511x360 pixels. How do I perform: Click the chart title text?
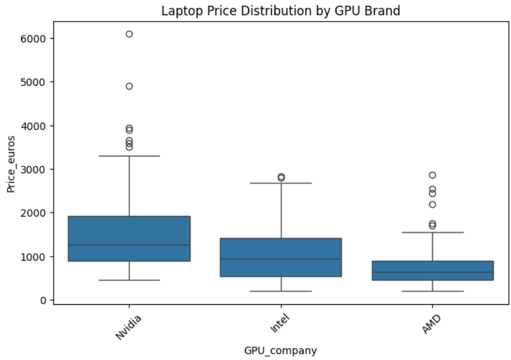click(281, 10)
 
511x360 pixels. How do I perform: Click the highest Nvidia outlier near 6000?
click(129, 34)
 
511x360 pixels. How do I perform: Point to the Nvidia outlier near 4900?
click(129, 86)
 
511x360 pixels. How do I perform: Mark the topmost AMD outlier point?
click(433, 175)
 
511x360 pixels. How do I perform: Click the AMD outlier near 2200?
click(433, 204)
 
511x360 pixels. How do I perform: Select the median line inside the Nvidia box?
click(129, 245)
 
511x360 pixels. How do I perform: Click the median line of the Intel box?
click(281, 259)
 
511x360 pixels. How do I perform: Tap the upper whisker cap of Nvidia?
click(129, 156)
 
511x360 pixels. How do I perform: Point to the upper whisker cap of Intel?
click(281, 183)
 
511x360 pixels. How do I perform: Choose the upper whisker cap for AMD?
click(433, 233)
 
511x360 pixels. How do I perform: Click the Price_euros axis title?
click(11, 163)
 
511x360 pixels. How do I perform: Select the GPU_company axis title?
click(281, 351)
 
